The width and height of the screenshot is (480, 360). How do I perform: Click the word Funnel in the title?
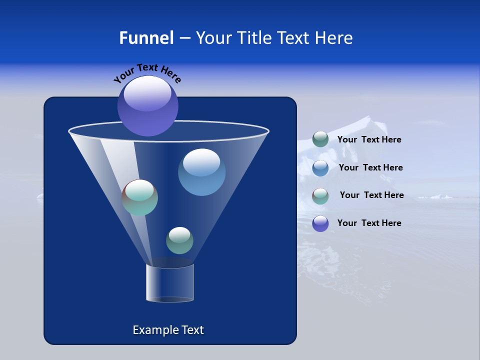pyautogui.click(x=146, y=38)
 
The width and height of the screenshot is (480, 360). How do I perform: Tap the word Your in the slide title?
pyautogui.click(x=213, y=38)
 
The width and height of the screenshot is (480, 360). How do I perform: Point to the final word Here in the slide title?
pyautogui.click(x=333, y=38)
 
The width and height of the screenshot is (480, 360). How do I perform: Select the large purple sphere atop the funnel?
pyautogui.click(x=148, y=105)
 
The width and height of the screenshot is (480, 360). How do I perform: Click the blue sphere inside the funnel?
pyautogui.click(x=201, y=172)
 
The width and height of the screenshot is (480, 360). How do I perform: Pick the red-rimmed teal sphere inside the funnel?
pyautogui.click(x=140, y=197)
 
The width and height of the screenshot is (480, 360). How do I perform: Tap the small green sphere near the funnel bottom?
pyautogui.click(x=179, y=240)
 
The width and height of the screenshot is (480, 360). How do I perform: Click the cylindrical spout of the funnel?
pyautogui.click(x=170, y=283)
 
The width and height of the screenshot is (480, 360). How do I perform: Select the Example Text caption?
pyautogui.click(x=168, y=330)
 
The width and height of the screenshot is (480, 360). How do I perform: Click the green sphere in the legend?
pyautogui.click(x=320, y=139)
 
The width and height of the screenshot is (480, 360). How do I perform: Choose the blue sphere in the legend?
pyautogui.click(x=320, y=167)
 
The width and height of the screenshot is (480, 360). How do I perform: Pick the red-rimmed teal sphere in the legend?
pyautogui.click(x=320, y=195)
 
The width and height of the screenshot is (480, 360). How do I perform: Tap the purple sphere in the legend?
pyautogui.click(x=320, y=223)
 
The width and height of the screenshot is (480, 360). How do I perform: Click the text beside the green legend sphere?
pyautogui.click(x=369, y=140)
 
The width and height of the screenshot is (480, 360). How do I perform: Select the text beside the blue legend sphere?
pyautogui.click(x=370, y=168)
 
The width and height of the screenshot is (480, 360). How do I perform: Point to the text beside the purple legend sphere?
pyautogui.click(x=369, y=223)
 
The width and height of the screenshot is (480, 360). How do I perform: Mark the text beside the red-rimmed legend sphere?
pyautogui.click(x=371, y=195)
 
